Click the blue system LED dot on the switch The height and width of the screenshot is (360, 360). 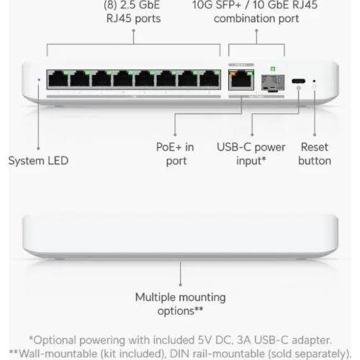click(x=39, y=79)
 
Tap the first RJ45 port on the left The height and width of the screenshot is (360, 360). click(x=58, y=78)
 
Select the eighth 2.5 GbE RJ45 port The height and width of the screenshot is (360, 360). click(x=210, y=78)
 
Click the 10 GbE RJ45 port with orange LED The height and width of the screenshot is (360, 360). click(x=241, y=80)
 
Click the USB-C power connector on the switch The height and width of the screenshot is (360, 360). click(x=298, y=81)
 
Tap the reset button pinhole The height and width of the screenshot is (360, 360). click(x=314, y=81)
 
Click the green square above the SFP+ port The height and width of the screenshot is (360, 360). click(x=273, y=69)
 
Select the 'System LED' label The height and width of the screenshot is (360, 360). click(x=38, y=161)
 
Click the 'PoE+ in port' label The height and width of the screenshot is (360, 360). click(x=175, y=154)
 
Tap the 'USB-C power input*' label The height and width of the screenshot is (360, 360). click(x=251, y=154)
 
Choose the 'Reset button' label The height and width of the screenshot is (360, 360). click(x=315, y=154)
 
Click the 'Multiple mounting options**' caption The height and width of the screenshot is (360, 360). click(x=180, y=304)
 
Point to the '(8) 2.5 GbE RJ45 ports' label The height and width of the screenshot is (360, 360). click(x=132, y=12)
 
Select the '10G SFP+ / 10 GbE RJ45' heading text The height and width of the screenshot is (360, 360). click(x=255, y=5)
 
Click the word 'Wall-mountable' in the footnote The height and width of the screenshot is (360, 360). click(x=58, y=354)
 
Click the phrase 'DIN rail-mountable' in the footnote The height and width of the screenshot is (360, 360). click(x=217, y=354)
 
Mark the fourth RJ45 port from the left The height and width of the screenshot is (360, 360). click(x=123, y=78)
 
